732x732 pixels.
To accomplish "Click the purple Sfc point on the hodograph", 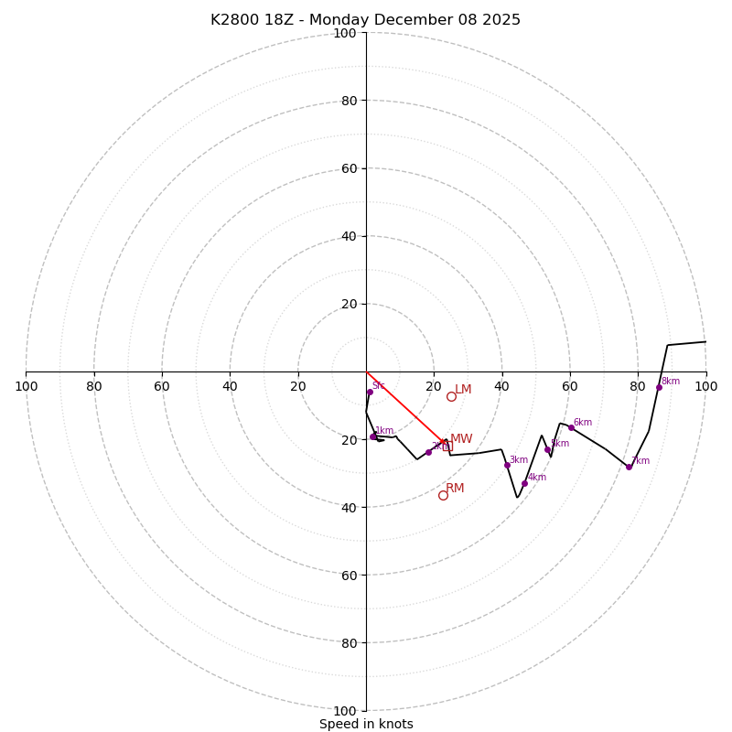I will (370, 392).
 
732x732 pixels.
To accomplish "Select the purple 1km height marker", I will (373, 436).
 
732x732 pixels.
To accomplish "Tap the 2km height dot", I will (428, 452).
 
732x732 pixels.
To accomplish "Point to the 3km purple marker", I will (507, 465).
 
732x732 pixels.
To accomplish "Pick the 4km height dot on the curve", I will (524, 483).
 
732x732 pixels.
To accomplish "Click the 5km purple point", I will (547, 449).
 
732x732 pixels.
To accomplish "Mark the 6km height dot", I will (571, 427).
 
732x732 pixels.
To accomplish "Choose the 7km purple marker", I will (629, 467).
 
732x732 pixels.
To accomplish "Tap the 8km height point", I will (659, 387).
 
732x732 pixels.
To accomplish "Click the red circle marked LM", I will (451, 396).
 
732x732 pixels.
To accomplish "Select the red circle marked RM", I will (443, 495).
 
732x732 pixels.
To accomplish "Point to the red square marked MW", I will (447, 446).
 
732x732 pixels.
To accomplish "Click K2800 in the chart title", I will (235, 20).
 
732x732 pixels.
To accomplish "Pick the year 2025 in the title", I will (501, 20).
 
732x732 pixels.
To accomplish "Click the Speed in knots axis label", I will (366, 725).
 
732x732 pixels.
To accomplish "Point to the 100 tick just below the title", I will (345, 33).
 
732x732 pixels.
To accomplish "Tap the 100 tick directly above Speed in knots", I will (345, 711).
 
